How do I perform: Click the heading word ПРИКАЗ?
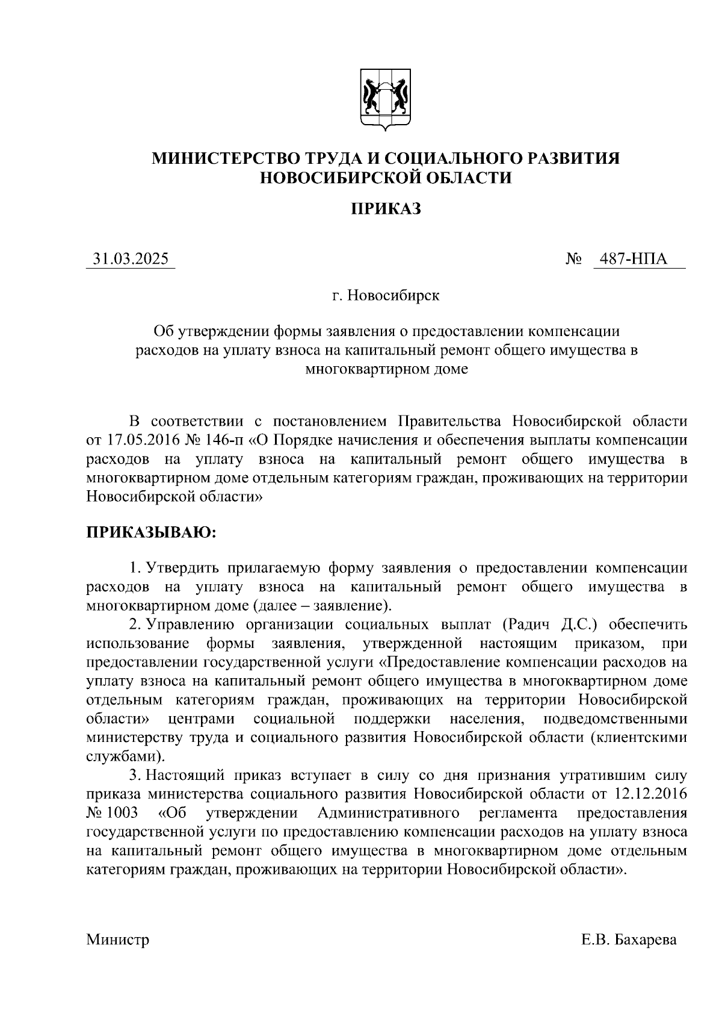[x=386, y=208]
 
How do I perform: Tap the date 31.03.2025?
[x=131, y=259]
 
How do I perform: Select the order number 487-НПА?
[x=637, y=259]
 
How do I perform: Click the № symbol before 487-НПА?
[x=573, y=260]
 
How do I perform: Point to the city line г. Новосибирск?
[x=386, y=296]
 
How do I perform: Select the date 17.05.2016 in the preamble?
[x=141, y=440]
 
